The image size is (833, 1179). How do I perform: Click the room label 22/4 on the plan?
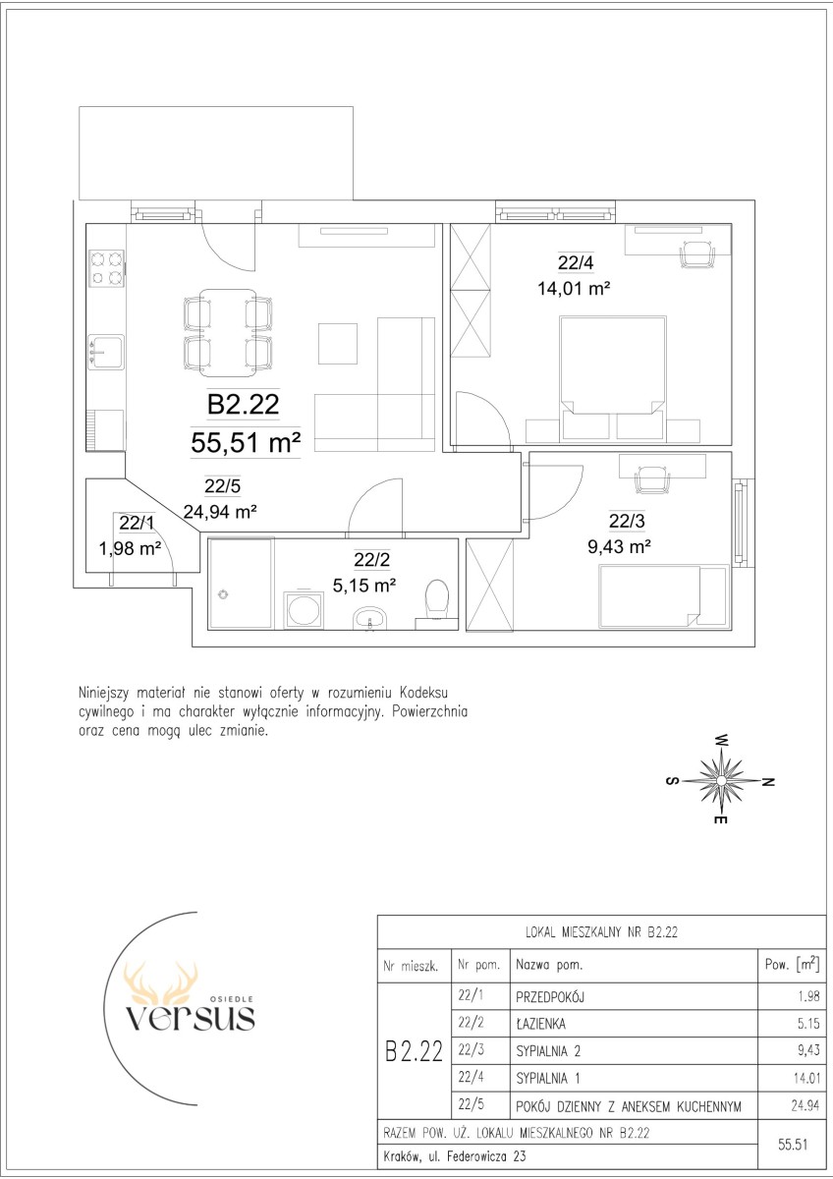[x=576, y=262]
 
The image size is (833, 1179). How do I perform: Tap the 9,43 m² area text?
[x=620, y=547]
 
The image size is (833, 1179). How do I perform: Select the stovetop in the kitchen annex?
[x=106, y=268]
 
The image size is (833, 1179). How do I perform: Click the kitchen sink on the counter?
[x=106, y=352]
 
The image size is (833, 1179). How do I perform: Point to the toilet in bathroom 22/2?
[x=436, y=600]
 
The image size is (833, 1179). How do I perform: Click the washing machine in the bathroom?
[x=304, y=609]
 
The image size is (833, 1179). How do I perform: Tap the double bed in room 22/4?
[x=613, y=378]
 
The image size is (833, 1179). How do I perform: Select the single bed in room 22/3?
[x=664, y=597]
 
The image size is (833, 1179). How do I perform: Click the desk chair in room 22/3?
[x=652, y=480]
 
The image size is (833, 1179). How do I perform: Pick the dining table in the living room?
[x=228, y=333]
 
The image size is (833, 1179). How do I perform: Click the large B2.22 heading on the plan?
[x=243, y=404]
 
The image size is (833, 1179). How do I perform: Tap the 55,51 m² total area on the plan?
[x=246, y=442]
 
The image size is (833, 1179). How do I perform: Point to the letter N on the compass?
[x=768, y=782]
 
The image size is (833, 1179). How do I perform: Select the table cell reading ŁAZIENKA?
[x=541, y=1024]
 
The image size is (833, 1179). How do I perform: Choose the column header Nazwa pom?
[x=549, y=965]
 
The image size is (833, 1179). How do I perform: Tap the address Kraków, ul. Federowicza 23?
[x=455, y=1156]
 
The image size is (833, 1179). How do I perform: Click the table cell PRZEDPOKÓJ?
[x=550, y=997]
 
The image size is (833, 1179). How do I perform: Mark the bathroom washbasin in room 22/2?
[x=370, y=618]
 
